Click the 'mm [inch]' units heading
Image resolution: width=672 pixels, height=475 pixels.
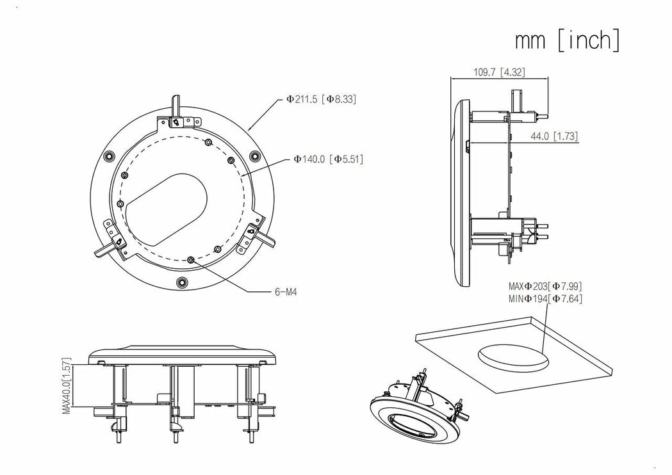[567, 40]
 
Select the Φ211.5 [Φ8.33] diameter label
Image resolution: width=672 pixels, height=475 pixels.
[321, 99]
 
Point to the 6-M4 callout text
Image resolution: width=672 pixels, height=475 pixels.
[285, 292]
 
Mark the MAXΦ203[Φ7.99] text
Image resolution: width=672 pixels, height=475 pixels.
[545, 286]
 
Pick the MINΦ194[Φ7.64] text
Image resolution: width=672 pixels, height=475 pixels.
[545, 298]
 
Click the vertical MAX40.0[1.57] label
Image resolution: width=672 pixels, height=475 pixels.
[67, 387]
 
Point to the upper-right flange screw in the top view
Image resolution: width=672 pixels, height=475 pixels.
[255, 155]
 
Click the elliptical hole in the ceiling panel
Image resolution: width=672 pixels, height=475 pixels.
[512, 356]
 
